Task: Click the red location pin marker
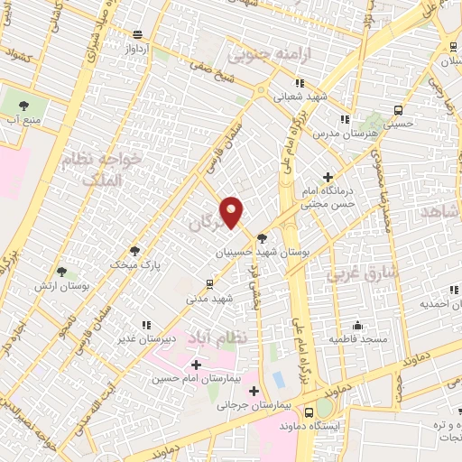tap(233, 211)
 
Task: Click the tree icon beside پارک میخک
tap(134, 251)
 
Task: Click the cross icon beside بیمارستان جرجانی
tap(254, 392)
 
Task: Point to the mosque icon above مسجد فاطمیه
tap(357, 326)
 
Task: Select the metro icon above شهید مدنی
tap(210, 284)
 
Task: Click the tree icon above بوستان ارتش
tap(61, 271)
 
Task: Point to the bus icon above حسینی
tap(398, 111)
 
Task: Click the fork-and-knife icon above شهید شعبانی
tap(300, 82)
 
